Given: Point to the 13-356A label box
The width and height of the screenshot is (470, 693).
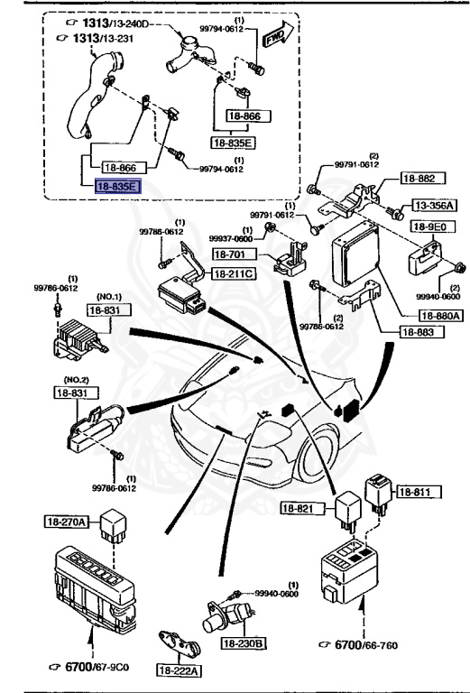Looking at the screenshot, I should (x=434, y=206).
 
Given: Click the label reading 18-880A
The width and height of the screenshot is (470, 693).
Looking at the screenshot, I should (x=439, y=315).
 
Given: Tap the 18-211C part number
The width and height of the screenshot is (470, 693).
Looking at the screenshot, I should (x=235, y=273).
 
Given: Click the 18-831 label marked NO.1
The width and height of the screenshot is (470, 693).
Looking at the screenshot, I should (x=105, y=310).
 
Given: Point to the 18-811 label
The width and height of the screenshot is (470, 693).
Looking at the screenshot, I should (x=416, y=492).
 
